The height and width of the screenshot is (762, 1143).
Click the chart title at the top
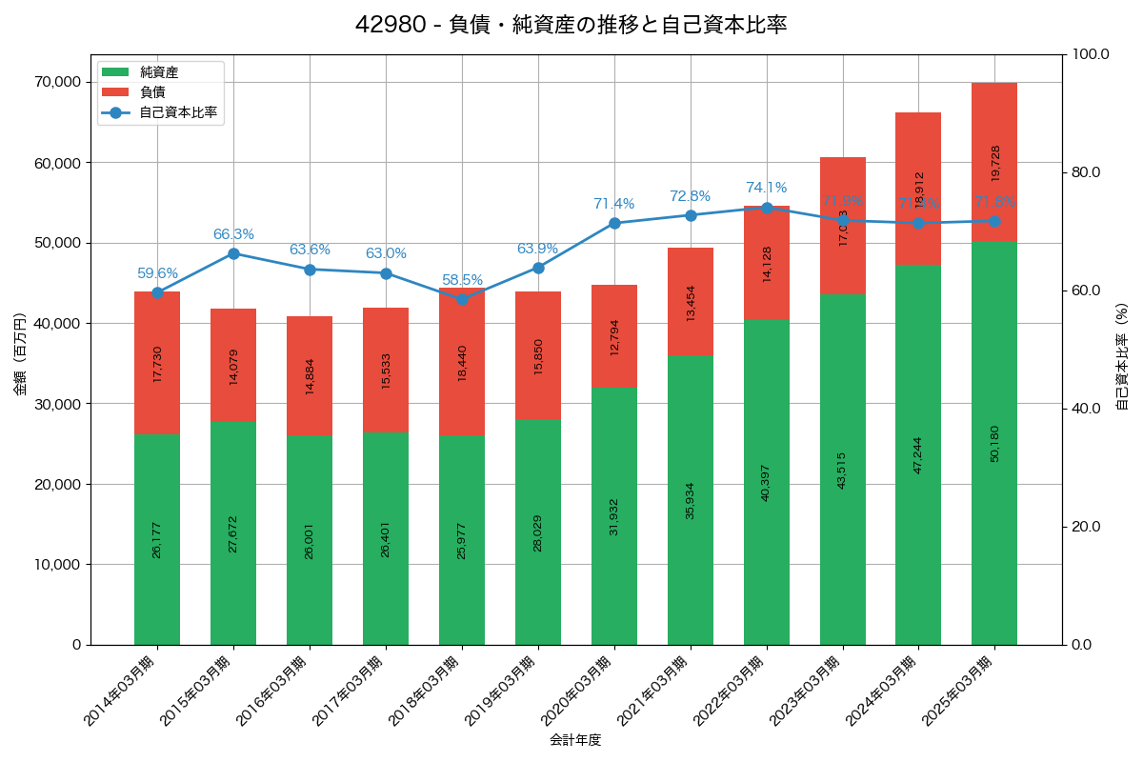coord(571,25)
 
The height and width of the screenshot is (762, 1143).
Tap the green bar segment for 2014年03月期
coord(157,539)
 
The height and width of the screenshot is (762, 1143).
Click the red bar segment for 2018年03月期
coord(462,362)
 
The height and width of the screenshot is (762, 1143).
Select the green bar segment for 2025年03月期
coord(994,443)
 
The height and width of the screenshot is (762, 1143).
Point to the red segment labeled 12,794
coord(614,336)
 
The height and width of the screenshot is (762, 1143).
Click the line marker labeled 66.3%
coord(233,253)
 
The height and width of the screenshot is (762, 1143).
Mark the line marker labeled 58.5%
coord(462,299)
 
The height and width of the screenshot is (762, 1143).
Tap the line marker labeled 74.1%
coord(767,208)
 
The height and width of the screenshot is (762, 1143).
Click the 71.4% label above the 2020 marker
coord(613,204)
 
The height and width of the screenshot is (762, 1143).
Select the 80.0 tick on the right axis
coord(1085,172)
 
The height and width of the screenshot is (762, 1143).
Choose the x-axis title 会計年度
coord(575,740)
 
